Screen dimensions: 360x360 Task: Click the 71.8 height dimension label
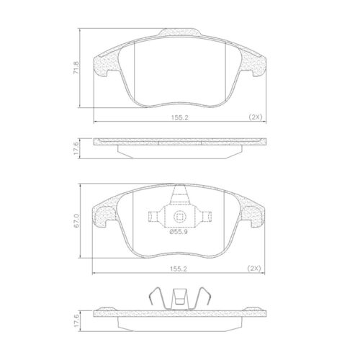coord(76,68)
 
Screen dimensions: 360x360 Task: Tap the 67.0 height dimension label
coord(76,220)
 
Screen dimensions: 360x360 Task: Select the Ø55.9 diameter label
coord(179,232)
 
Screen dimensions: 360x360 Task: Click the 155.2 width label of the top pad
coord(179,117)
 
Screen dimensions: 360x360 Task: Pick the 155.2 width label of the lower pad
coord(179,269)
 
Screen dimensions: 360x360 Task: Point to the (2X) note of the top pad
coord(256,117)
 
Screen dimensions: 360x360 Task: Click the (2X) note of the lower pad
coord(254,269)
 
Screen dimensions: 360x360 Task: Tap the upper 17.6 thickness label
coord(76,148)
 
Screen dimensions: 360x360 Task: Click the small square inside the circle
coord(179,217)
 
